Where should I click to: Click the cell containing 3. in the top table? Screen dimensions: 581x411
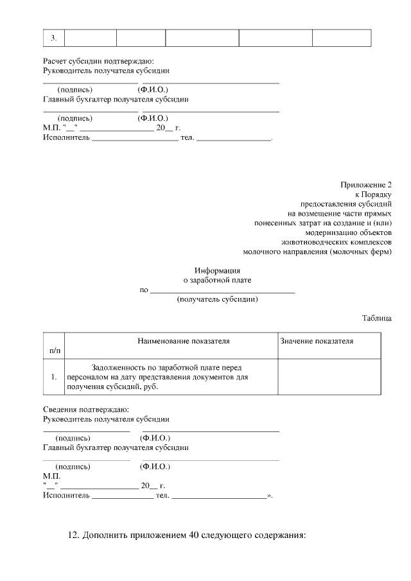(54, 38)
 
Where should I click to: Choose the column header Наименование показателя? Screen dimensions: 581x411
(183, 341)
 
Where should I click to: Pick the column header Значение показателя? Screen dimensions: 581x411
(317, 341)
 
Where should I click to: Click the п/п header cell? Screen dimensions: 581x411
(54, 351)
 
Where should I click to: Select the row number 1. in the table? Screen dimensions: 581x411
(54, 377)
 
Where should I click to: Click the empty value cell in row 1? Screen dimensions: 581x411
(329, 377)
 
